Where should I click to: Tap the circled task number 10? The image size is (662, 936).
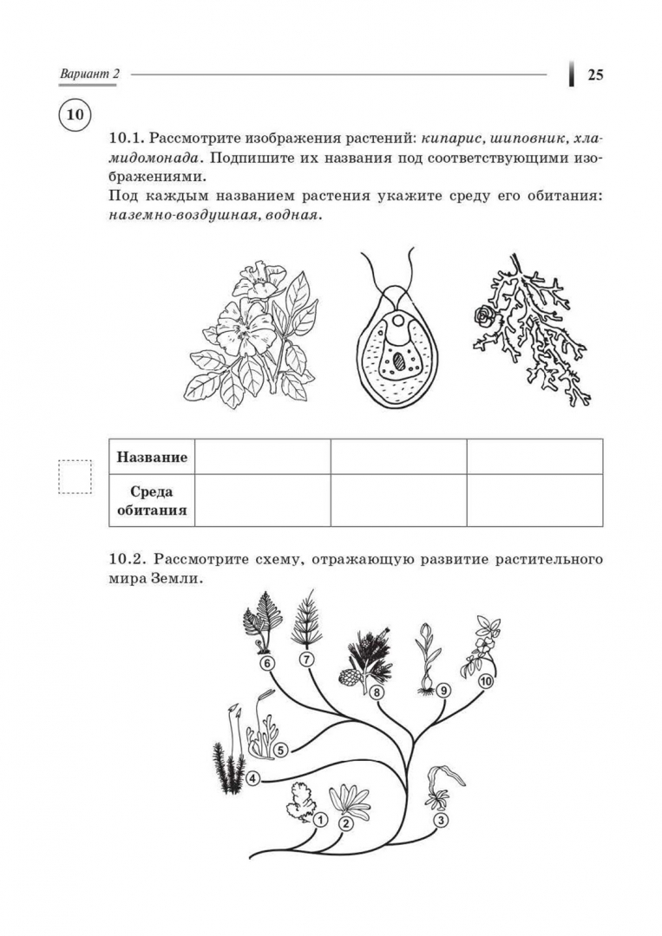click(75, 114)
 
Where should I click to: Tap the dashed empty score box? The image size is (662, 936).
click(75, 476)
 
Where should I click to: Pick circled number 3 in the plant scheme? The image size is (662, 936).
click(441, 820)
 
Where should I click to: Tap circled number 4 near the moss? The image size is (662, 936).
click(251, 777)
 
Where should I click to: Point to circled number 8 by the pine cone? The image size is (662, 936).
click(377, 692)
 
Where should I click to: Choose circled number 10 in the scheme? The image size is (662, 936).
click(485, 681)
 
